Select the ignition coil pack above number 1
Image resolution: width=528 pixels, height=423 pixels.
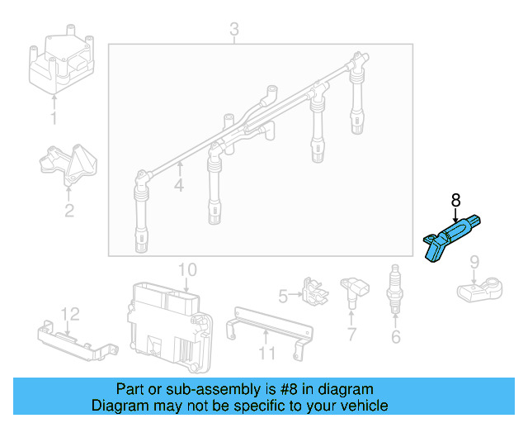60,62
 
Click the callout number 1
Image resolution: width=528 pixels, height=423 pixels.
54,119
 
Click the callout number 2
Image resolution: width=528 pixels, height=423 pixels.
69,211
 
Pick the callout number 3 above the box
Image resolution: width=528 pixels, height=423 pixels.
233,31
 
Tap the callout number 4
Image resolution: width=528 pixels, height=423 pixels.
179,186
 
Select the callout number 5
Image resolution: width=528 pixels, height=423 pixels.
282,294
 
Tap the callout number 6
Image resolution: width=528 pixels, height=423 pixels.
395,336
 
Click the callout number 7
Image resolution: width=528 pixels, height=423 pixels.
351,335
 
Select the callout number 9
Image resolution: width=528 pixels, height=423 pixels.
474,263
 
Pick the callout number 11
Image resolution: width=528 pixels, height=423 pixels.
266,354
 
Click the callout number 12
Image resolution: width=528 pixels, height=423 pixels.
70,314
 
